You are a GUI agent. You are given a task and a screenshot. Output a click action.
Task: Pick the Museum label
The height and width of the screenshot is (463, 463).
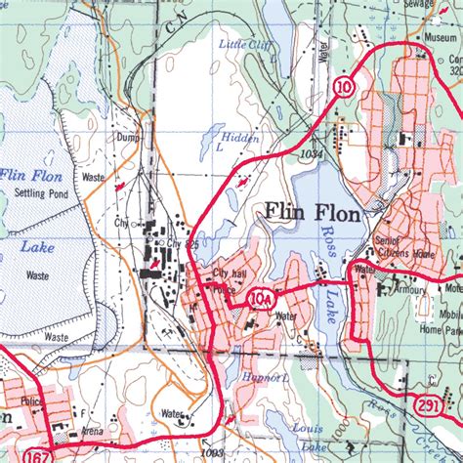442,36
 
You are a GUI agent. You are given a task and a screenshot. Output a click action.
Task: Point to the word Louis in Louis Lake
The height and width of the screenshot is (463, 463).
309,428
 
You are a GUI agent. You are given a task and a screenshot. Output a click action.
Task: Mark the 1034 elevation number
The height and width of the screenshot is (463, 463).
311,154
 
